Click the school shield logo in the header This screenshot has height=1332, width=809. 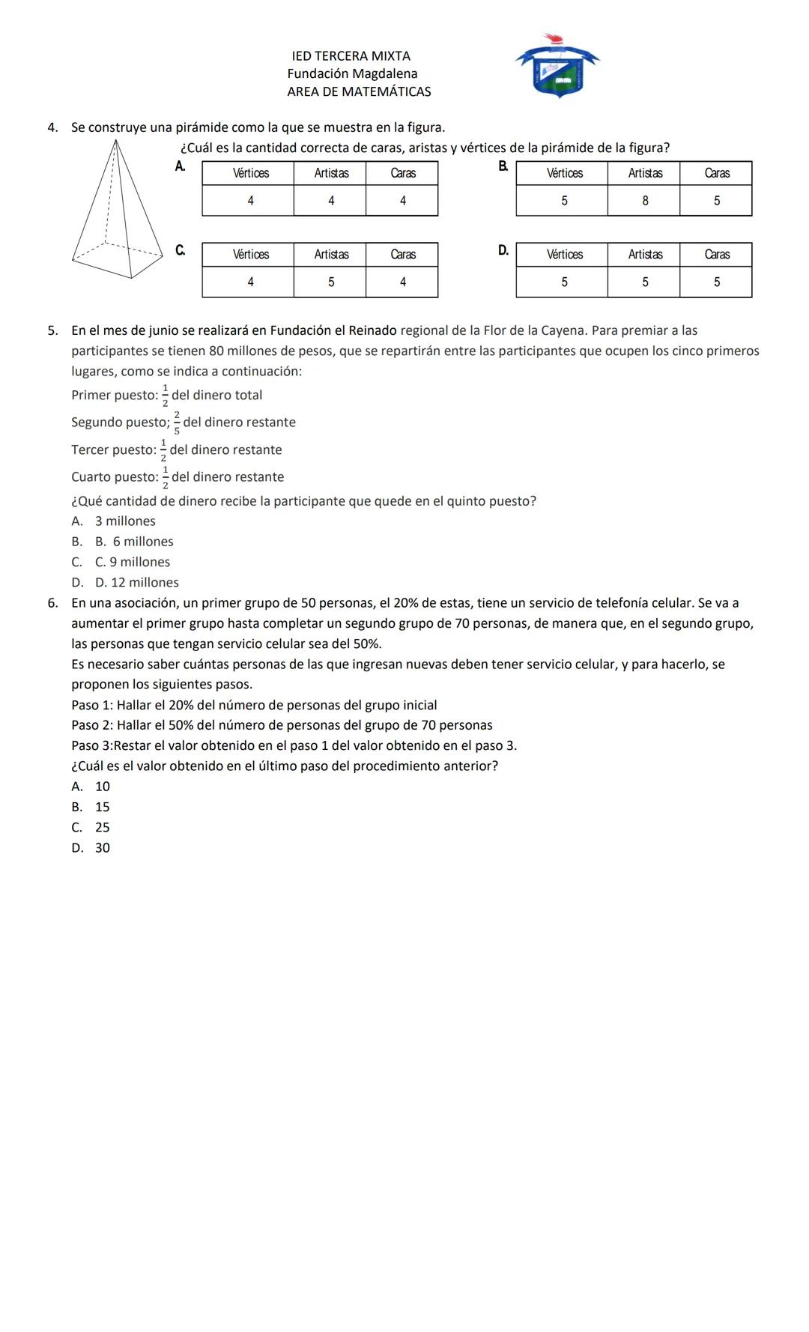(x=557, y=67)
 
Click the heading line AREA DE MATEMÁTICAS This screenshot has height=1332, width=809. (x=359, y=92)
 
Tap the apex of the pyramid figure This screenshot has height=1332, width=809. (x=117, y=140)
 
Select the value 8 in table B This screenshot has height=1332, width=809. (x=644, y=201)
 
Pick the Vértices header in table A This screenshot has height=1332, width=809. (x=250, y=173)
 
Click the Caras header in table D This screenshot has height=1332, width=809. (x=716, y=255)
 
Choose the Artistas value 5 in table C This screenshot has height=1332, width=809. (x=330, y=282)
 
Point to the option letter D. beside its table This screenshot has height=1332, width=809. (x=503, y=250)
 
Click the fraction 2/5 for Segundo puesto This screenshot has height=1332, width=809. (x=177, y=423)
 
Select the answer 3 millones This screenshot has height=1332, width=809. (x=125, y=521)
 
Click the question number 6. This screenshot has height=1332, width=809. (x=52, y=603)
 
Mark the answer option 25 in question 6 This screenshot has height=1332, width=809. (x=102, y=828)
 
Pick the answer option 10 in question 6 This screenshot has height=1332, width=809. (x=102, y=787)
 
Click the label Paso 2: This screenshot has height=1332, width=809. (x=92, y=725)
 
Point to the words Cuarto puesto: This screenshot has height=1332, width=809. (x=114, y=477)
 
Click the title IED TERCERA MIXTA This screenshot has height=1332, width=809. (x=351, y=56)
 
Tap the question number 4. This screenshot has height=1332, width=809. (x=52, y=127)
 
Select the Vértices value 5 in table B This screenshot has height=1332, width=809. (x=564, y=201)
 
